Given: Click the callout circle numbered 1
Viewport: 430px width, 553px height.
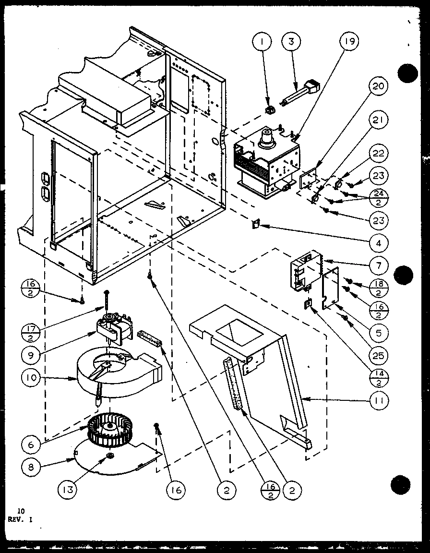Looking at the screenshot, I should tap(262, 42).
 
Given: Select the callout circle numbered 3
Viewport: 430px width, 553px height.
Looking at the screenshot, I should tap(291, 42).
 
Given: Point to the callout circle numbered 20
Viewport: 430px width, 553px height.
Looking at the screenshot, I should tap(379, 87).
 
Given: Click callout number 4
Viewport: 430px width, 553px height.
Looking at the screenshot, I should tap(379, 243).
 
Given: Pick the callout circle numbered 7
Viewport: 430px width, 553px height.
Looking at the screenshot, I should tap(379, 264).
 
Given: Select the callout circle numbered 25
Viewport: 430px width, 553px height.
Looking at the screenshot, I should tap(379, 356).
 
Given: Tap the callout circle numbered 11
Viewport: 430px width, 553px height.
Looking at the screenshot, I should tap(379, 399).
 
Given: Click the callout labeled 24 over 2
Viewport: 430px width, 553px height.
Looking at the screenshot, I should tap(379, 198).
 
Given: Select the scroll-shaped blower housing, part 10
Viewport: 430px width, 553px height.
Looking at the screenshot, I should tap(115, 372).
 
